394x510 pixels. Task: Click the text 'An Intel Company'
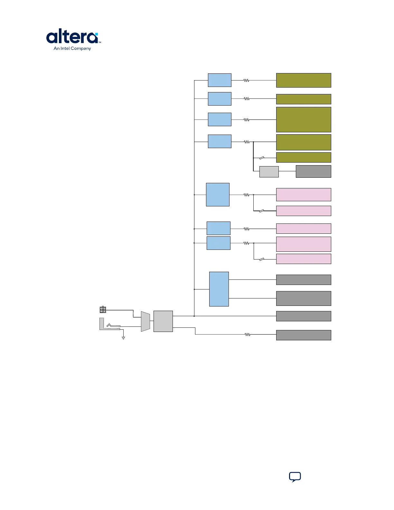(72, 49)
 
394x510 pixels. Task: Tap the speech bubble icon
(295, 477)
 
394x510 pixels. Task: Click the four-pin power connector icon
(103, 309)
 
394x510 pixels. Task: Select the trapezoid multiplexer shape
(145, 321)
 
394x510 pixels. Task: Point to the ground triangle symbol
(123, 338)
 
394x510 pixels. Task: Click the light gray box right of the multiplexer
(163, 321)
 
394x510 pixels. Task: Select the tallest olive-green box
(304, 119)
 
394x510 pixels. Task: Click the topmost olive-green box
(304, 80)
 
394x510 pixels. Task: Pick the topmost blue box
(220, 80)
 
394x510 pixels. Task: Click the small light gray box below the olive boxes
(269, 172)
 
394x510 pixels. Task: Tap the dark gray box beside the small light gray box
(314, 171)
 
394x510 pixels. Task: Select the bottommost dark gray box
(304, 335)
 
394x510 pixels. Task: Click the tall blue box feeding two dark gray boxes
(219, 289)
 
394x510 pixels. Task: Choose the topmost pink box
(304, 194)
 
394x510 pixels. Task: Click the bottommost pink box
(304, 259)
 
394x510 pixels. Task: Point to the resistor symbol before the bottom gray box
(248, 335)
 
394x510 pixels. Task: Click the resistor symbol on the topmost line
(247, 80)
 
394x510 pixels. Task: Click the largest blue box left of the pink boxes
(218, 194)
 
